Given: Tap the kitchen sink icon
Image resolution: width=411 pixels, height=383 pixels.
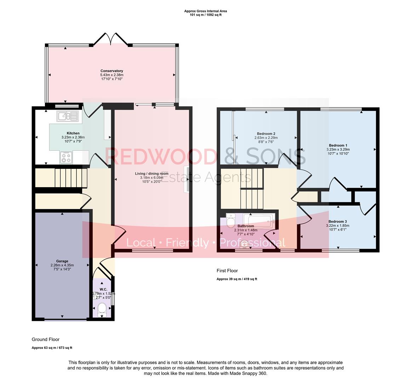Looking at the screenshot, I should click(67, 116).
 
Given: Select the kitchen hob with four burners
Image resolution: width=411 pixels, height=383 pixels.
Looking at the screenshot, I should click(66, 157).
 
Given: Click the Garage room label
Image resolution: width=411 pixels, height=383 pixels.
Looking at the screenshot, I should click(62, 261).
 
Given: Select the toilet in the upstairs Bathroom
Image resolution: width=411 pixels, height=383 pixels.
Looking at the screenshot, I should click(230, 220).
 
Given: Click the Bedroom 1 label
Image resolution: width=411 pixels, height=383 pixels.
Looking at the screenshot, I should click(338, 145).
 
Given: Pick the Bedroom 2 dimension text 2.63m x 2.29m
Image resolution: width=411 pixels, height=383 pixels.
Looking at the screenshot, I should click(266, 138).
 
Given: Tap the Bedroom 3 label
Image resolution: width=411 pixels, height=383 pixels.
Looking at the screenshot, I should click(337, 221).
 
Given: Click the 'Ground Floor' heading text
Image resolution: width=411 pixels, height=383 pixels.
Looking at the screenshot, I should click(46, 339).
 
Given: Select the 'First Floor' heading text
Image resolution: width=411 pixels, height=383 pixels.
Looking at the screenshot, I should click(227, 271).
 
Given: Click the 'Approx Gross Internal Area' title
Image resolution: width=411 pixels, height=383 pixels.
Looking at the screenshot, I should click(205, 11).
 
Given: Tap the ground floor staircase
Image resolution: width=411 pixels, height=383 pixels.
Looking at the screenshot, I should click(71, 178).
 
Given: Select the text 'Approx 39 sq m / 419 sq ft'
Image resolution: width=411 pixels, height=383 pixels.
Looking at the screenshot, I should click(237, 279).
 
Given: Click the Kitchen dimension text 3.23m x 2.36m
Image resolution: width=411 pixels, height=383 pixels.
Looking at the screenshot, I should click(73, 137).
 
